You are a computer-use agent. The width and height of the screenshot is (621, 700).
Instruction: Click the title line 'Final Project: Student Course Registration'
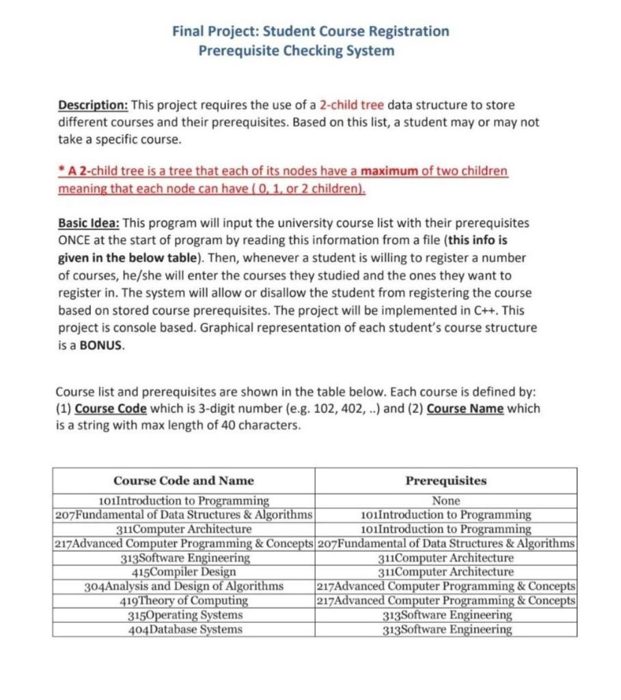tap(311, 31)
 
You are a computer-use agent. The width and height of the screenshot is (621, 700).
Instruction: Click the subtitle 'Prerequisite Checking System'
tap(296, 51)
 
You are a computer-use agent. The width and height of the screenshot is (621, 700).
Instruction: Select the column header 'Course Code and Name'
tap(184, 481)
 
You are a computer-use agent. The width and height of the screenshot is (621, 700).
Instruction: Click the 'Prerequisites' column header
tap(446, 481)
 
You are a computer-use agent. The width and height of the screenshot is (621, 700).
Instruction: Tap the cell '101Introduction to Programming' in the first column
tap(184, 501)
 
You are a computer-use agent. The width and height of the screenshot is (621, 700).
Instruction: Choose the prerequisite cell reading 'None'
tap(446, 501)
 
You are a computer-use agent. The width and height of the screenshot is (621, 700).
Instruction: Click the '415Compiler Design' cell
tap(184, 572)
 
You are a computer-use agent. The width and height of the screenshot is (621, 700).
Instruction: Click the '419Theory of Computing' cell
tap(184, 601)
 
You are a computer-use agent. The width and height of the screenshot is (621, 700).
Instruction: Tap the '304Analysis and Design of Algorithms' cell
tap(184, 587)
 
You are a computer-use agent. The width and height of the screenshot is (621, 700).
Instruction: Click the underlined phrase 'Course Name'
tap(465, 409)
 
